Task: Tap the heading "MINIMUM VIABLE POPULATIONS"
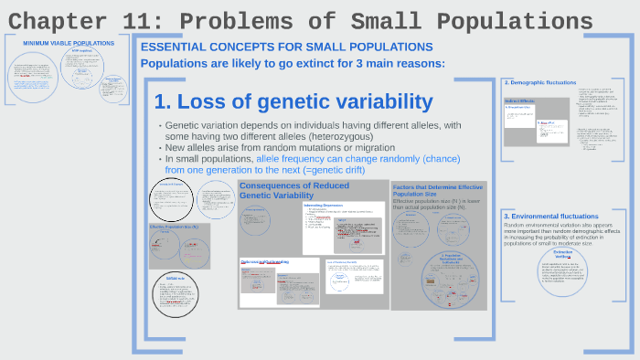[x=62, y=43]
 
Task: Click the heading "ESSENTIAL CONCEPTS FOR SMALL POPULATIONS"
[x=286, y=47]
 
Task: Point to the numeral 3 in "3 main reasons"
[x=362, y=63]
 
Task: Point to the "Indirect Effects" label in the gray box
[x=519, y=101]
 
